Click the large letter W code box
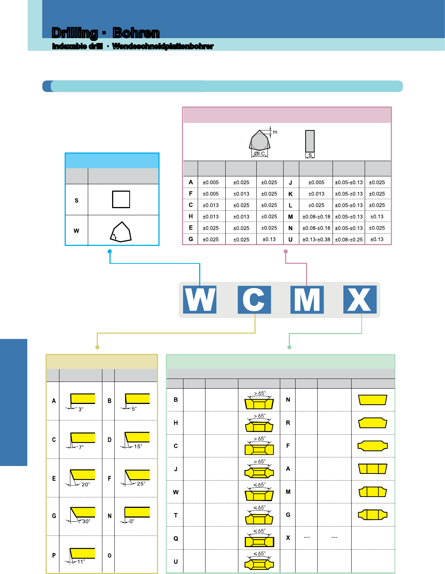(200, 300)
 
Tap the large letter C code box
(254, 300)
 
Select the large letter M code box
(307, 300)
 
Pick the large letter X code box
(360, 300)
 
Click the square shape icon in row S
(121, 200)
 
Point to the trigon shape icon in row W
(121, 232)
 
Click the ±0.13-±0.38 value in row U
(316, 240)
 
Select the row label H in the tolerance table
(191, 216)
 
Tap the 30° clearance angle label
(86, 521)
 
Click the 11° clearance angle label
(81, 562)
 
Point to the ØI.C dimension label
(259, 154)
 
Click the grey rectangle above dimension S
(310, 141)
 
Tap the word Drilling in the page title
(75, 33)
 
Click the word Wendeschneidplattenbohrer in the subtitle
(163, 46)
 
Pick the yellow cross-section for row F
(373, 446)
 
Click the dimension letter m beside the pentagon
(275, 132)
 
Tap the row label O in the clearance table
(109, 555)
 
